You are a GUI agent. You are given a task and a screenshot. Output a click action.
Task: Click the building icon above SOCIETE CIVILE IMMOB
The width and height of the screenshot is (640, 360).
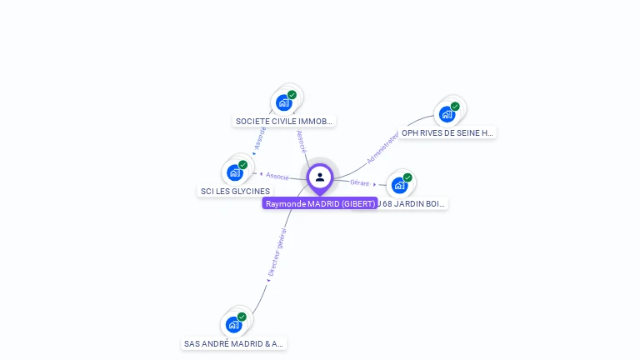click(284, 102)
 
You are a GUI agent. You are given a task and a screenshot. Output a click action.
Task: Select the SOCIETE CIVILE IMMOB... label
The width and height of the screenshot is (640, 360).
click(284, 121)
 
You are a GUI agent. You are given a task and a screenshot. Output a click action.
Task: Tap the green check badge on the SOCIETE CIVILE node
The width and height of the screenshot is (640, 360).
click(292, 95)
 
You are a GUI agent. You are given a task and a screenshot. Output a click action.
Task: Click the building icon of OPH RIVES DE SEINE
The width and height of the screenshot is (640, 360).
click(447, 114)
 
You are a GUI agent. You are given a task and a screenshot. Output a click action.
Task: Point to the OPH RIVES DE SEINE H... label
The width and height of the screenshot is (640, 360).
click(447, 132)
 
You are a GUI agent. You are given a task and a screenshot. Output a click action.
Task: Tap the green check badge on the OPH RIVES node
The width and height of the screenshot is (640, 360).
click(455, 107)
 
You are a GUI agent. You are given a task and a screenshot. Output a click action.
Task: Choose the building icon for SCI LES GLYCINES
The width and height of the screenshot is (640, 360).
click(235, 172)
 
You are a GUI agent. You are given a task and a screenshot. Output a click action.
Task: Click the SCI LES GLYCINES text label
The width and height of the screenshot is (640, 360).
click(235, 191)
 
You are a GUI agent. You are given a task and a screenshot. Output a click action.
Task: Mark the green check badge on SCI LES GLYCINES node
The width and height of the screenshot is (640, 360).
click(242, 165)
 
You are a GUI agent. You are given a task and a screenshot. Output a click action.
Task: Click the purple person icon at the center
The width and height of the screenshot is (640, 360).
click(320, 177)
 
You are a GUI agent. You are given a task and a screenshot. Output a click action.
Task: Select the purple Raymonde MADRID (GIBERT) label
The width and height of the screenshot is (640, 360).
click(320, 203)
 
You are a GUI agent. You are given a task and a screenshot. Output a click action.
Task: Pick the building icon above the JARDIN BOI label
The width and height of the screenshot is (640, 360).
click(400, 185)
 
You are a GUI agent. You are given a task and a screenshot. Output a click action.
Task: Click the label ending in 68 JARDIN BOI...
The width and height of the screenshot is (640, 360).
click(412, 203)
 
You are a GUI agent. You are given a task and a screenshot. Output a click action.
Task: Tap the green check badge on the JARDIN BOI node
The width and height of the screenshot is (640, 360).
click(407, 177)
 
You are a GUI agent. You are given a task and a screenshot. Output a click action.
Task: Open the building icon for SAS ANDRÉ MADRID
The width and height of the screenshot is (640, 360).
click(234, 324)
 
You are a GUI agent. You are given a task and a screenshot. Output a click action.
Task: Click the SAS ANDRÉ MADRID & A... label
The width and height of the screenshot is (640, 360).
click(234, 343)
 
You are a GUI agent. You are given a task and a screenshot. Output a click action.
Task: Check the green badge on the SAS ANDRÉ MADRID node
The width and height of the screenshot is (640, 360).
click(242, 317)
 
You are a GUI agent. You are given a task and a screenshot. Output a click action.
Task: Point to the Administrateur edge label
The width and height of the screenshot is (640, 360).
click(382, 147)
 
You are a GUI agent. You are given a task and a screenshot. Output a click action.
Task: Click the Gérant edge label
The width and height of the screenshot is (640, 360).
click(360, 182)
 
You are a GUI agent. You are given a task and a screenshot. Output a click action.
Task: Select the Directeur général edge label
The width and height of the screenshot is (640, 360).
click(277, 252)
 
